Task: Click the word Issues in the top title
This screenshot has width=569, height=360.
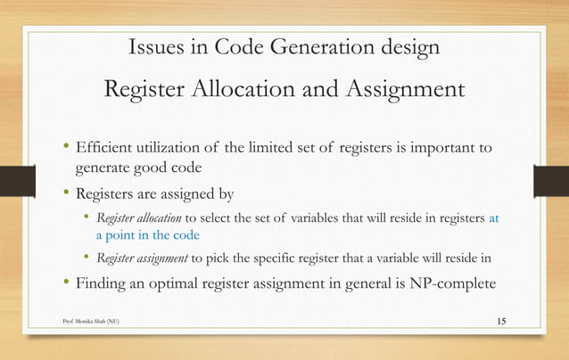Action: [x=158, y=47]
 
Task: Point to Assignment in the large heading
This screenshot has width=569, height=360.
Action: [x=397, y=90]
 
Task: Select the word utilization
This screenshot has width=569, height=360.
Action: [x=177, y=147]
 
